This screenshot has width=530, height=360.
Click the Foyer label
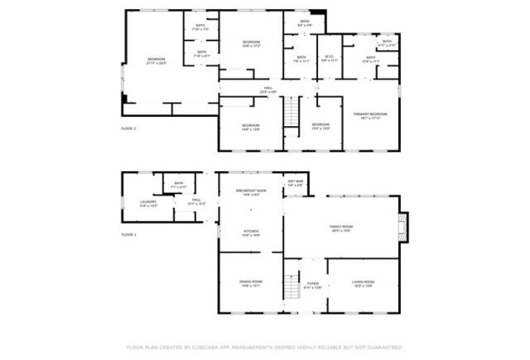pyautogui.click(x=313, y=284)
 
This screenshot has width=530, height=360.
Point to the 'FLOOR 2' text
pyautogui.click(x=128, y=129)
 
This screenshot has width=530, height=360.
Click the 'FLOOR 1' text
pyautogui.click(x=128, y=235)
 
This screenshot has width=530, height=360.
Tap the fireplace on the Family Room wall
pyautogui.click(x=403, y=227)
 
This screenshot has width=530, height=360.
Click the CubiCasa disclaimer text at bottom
pyautogui.click(x=265, y=348)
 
